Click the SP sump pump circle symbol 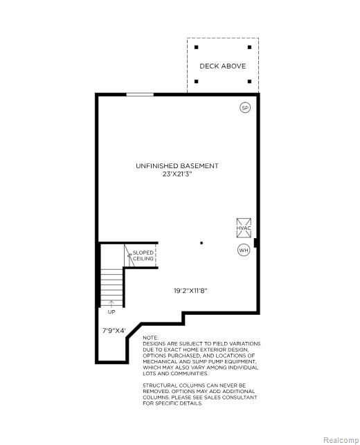245,107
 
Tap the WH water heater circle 244,250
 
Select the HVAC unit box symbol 244,228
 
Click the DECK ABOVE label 223,66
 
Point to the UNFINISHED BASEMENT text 177,165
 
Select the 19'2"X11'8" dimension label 190,291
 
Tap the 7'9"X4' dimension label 114,330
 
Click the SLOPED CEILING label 143,255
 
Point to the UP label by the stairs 111,312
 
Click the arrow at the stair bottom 111,304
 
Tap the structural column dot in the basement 201,243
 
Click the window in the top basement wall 140,95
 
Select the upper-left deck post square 196,47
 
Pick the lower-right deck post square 249,82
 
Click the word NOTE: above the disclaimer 150,338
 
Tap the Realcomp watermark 341,440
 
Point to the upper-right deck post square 249,47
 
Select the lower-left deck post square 196,82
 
